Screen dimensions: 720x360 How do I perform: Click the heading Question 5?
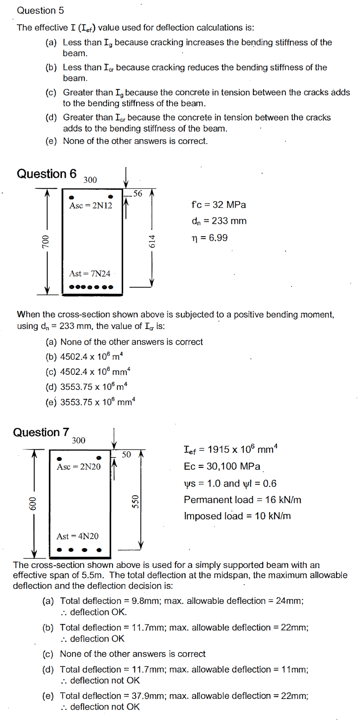click(x=40, y=10)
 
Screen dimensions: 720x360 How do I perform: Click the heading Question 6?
click(x=47, y=174)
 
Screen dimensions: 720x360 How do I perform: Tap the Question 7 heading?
click(x=41, y=432)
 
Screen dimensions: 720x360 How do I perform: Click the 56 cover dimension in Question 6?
click(x=138, y=194)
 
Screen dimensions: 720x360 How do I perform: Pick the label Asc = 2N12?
click(x=91, y=206)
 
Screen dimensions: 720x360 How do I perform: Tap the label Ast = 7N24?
click(x=90, y=273)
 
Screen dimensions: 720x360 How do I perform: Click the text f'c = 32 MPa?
click(x=219, y=205)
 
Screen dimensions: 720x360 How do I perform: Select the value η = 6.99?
click(x=209, y=238)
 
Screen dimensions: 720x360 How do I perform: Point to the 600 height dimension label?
click(x=32, y=503)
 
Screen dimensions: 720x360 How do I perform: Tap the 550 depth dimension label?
click(x=135, y=502)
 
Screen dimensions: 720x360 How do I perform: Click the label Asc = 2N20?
click(x=78, y=467)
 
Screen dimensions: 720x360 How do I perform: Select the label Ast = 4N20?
click(x=77, y=536)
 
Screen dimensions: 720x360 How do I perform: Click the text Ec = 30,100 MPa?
click(x=222, y=466)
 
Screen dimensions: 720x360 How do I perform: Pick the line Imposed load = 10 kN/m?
click(x=237, y=516)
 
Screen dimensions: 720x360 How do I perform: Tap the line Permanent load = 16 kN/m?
click(x=242, y=500)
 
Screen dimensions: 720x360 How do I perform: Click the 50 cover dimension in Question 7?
click(x=126, y=454)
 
